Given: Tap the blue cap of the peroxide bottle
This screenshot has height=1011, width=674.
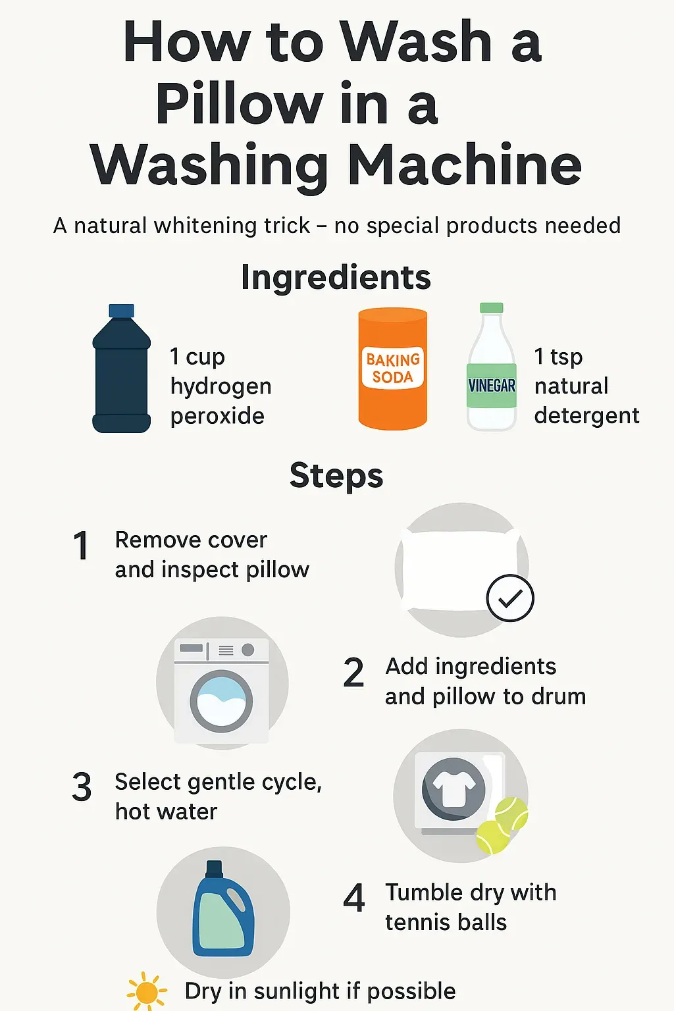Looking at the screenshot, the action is [121, 311].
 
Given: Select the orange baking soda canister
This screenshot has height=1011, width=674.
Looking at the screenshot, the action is [392, 369].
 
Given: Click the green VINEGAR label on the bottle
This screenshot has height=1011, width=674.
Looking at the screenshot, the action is [491, 386].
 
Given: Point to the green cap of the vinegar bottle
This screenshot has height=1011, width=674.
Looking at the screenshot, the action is [491, 308].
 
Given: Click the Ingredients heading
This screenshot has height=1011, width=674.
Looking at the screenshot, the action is [336, 277].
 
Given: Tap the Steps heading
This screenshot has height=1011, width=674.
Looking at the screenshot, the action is [336, 476].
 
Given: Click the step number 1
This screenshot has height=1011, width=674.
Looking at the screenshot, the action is [81, 546].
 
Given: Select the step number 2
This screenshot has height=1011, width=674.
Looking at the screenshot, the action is [353, 673].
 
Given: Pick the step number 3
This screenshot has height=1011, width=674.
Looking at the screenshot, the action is [82, 788].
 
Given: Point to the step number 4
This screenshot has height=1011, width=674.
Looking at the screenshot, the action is [354, 898].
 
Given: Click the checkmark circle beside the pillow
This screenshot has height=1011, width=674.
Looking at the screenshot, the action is [510, 598].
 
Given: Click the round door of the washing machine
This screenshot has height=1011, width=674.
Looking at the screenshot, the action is [221, 701].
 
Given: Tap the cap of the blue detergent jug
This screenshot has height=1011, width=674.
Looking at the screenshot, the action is [214, 868].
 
